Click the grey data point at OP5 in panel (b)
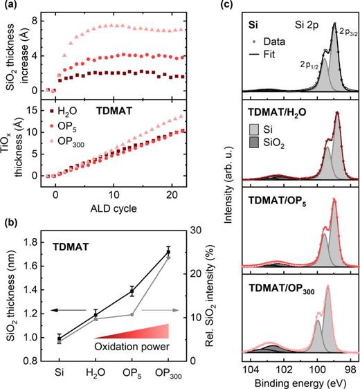pos(132,315)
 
